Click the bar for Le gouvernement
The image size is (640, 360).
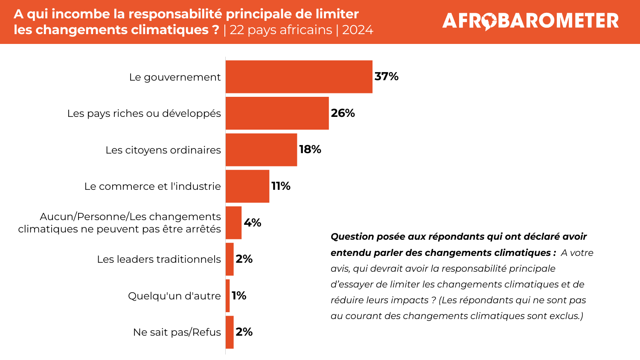click(x=299, y=77)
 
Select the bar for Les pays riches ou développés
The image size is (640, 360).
click(x=277, y=113)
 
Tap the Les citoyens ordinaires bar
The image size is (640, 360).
click(x=261, y=150)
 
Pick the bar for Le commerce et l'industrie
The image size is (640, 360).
click(x=247, y=186)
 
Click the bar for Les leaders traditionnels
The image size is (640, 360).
click(x=230, y=259)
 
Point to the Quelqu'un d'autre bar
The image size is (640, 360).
click(x=228, y=296)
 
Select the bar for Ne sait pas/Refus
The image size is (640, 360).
click(x=230, y=332)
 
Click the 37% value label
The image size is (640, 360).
click(x=387, y=76)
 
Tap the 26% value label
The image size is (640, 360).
click(x=343, y=113)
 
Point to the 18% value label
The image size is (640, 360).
click(x=310, y=149)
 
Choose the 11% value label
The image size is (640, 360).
click(x=281, y=186)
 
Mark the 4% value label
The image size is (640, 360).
click(x=253, y=223)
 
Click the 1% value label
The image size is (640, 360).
click(x=239, y=296)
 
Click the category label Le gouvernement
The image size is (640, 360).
click(x=175, y=77)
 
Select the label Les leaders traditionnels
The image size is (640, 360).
click(x=159, y=259)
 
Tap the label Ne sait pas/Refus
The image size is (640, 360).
click(x=177, y=332)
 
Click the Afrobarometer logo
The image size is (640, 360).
click(x=530, y=21)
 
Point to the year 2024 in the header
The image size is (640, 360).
click(x=358, y=30)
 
